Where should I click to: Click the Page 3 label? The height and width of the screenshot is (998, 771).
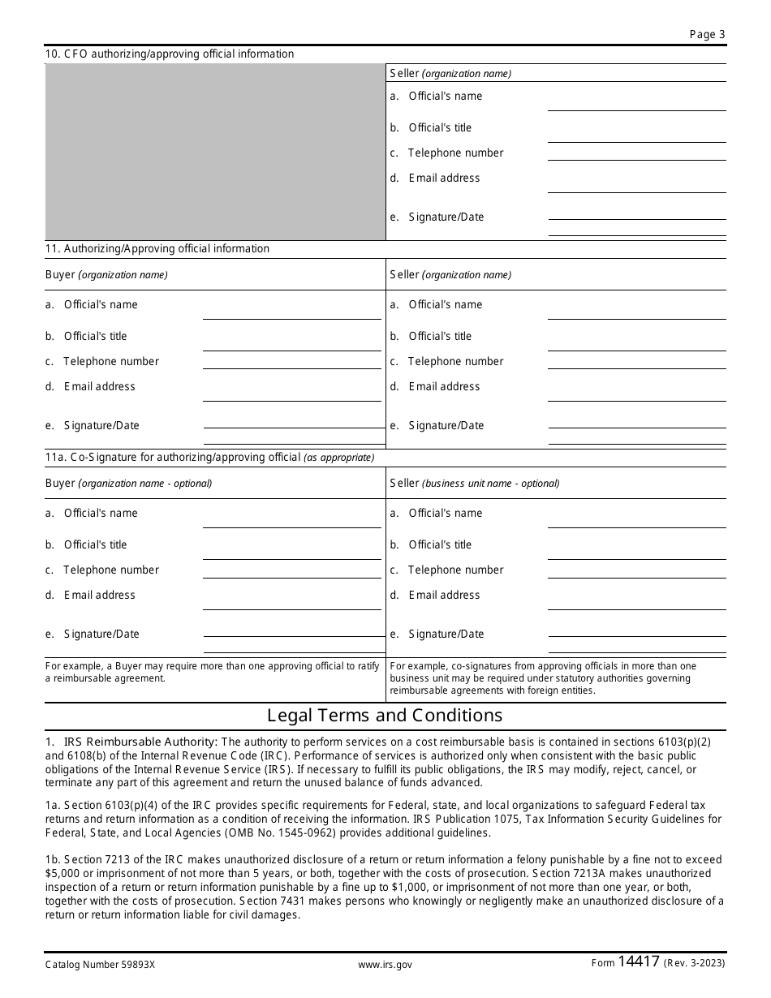pos(707,34)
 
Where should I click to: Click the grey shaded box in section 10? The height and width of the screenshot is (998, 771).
pos(215,152)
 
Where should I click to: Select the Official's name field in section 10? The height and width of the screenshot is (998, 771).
pos(636,101)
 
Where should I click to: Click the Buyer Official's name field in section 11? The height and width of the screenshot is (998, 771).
pos(291,310)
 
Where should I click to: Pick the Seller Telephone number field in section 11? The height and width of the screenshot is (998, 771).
pos(636,362)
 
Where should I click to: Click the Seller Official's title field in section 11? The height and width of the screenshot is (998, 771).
pos(636,342)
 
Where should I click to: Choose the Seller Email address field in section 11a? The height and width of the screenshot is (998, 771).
pos(636,600)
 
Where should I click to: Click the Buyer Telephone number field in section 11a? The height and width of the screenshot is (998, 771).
pos(291,570)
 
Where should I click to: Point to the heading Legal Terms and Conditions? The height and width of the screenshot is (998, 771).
pos(385,716)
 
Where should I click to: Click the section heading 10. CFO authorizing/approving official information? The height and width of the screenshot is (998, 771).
pos(170,54)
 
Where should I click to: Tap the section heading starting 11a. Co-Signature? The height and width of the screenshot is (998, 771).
pos(209,458)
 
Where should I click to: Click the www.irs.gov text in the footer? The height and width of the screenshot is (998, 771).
pos(385,965)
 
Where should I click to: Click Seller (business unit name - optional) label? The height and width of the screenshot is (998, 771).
pos(475,484)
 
